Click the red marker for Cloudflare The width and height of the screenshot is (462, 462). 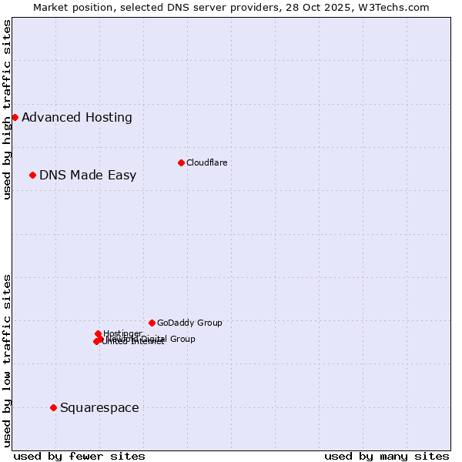[181, 162]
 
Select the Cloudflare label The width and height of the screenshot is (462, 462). [207, 162]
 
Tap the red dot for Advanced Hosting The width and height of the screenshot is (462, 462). [15, 117]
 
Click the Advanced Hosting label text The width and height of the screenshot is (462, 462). [77, 118]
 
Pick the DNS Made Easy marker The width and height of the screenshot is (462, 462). [32, 175]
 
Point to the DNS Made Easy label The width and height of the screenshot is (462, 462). [88, 176]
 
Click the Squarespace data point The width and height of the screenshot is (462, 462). [53, 407]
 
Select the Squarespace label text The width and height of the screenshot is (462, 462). [99, 408]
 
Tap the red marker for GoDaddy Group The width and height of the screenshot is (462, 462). [152, 323]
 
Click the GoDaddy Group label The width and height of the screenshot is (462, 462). [189, 323]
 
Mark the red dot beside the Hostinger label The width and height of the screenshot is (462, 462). [98, 333]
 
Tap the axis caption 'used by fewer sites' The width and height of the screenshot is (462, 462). [79, 456]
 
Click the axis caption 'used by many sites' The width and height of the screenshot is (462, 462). [387, 456]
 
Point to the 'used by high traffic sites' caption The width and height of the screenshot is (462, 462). [8, 109]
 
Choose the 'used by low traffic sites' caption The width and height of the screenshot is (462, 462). [8, 360]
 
